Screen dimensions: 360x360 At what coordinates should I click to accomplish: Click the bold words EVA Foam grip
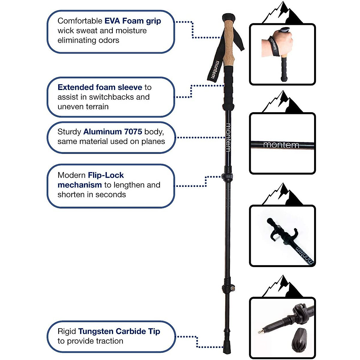pyautogui.click(x=133, y=21)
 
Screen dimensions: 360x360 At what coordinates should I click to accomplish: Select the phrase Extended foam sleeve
pyautogui.click(x=100, y=87)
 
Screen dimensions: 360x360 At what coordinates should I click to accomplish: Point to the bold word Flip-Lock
pyautogui.click(x=106, y=175)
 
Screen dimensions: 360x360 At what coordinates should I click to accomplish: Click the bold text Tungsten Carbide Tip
pyautogui.click(x=119, y=331)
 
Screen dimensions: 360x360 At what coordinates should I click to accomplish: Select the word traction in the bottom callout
pyautogui.click(x=110, y=341)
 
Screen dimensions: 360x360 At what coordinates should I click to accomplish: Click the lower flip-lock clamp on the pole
pyautogui.click(x=228, y=288)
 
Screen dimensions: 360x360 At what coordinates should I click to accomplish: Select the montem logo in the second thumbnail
pyautogui.click(x=281, y=145)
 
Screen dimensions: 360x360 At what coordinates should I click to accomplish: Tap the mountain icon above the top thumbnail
pyautogui.click(x=282, y=13)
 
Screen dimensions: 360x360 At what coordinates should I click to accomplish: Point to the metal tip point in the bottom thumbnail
pyautogui.click(x=259, y=332)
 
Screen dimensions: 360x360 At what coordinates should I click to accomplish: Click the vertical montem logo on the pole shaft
pyautogui.click(x=228, y=137)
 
